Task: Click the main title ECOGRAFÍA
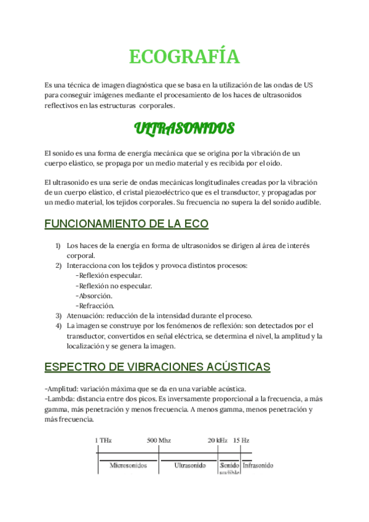click(184, 57)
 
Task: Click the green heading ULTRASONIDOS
click(184, 129)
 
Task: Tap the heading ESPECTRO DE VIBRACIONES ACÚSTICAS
click(157, 367)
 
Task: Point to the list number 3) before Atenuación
click(58, 315)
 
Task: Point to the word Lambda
click(60, 399)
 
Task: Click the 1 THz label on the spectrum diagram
click(103, 441)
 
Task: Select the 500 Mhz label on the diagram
click(159, 441)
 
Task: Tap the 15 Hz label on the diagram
click(241, 441)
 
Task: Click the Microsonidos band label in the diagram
click(128, 465)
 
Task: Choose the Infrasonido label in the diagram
click(258, 465)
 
